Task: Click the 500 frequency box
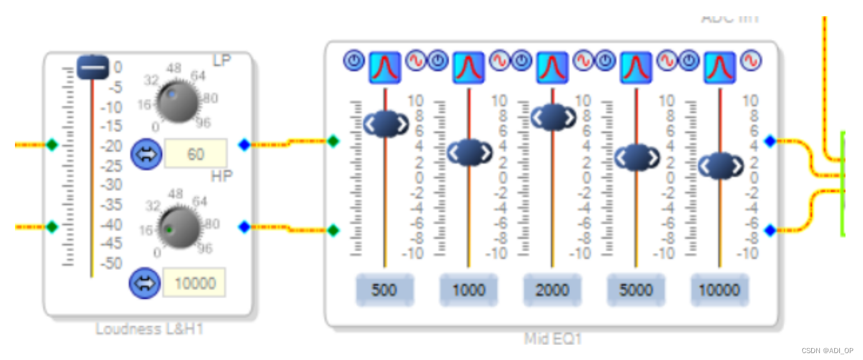click(x=384, y=290)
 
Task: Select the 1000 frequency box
click(x=469, y=290)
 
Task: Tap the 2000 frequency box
click(x=552, y=290)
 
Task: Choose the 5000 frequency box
click(x=636, y=290)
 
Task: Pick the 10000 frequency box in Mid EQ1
click(x=720, y=290)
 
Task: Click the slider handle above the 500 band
click(x=386, y=124)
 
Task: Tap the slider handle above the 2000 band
click(x=553, y=116)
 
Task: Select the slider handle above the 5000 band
click(x=637, y=157)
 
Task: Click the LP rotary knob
click(x=177, y=101)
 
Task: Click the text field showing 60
click(x=196, y=154)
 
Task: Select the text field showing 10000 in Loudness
click(x=194, y=284)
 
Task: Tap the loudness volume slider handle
click(x=93, y=67)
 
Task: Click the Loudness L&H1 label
click(x=149, y=329)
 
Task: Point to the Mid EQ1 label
click(x=553, y=339)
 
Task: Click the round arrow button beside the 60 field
click(x=146, y=154)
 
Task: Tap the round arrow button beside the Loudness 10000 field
click(x=144, y=284)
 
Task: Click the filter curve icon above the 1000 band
click(x=469, y=67)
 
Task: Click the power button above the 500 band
click(x=354, y=61)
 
